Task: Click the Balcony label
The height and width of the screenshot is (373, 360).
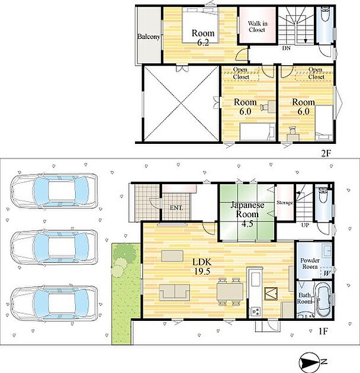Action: click(149, 37)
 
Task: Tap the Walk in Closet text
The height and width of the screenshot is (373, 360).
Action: click(258, 27)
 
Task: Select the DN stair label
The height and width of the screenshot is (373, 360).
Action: click(286, 48)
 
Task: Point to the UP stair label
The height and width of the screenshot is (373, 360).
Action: click(305, 225)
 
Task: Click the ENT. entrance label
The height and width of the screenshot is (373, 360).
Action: click(176, 208)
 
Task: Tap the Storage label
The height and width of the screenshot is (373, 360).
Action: click(284, 202)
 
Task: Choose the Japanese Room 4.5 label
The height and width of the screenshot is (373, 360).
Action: click(247, 214)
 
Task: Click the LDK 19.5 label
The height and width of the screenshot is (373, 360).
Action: click(202, 266)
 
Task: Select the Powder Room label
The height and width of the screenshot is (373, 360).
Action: click(310, 263)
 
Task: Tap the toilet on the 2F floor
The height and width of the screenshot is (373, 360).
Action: click(324, 12)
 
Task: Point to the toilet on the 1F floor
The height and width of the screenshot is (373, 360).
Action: click(323, 195)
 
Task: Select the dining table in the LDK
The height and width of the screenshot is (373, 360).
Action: click(230, 292)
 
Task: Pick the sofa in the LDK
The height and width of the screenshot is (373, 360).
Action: click(175, 292)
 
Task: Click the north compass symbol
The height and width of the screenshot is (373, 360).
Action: click(313, 362)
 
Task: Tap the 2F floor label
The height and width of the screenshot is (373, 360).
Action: click(326, 153)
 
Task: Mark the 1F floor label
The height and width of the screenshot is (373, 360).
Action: click(323, 331)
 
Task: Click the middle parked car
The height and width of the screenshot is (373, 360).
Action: click(54, 247)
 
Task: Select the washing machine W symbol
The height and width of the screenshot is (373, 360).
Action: click(326, 274)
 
